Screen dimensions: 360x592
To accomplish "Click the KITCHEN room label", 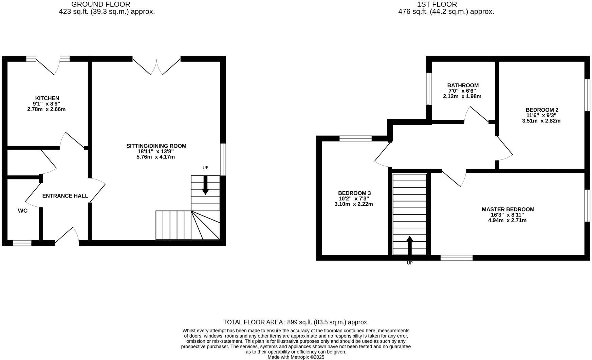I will click(47, 98).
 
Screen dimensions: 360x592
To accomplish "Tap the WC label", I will click(23, 211).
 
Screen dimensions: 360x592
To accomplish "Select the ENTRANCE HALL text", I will click(65, 196).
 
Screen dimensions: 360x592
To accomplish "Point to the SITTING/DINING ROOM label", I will click(156, 146).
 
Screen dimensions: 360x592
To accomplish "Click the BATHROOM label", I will click(463, 86).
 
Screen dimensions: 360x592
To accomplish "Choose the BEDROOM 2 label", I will click(542, 110).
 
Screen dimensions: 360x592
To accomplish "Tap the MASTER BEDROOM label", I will click(508, 209).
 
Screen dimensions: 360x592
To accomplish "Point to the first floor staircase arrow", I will click(410, 245).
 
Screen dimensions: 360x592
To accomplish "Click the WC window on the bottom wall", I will click(22, 243).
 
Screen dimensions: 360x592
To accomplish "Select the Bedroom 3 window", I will click(355, 138).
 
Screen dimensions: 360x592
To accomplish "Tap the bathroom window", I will click(429, 89).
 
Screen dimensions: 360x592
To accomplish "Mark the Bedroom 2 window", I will click(587, 95).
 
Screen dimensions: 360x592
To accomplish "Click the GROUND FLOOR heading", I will click(101, 4).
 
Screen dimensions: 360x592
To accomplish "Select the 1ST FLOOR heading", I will click(437, 4).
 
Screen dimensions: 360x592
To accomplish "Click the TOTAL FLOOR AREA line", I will click(296, 322).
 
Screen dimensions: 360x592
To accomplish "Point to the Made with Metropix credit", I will click(296, 357).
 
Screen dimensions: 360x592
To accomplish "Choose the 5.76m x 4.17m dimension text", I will click(156, 157).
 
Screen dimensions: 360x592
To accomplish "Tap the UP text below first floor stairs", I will click(410, 263).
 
